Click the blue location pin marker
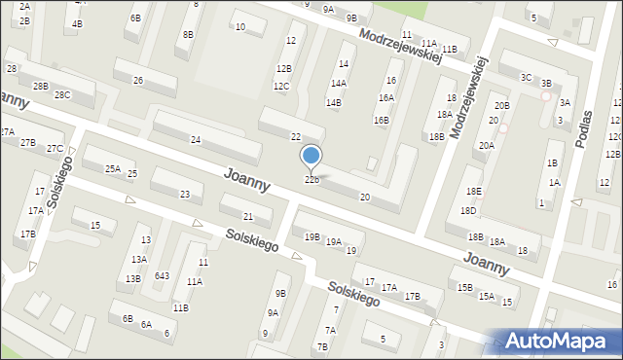click(311, 156)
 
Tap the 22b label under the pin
click(311, 180)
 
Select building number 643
click(162, 276)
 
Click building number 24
click(196, 141)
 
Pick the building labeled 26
click(138, 80)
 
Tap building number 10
click(239, 27)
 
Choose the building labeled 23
click(184, 195)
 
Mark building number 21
click(248, 216)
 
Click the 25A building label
click(113, 169)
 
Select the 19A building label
click(333, 242)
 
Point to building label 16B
click(382, 121)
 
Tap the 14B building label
click(334, 102)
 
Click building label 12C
click(281, 87)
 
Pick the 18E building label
click(473, 192)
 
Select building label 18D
click(468, 210)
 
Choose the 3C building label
click(526, 77)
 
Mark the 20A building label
click(486, 145)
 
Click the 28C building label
click(62, 94)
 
